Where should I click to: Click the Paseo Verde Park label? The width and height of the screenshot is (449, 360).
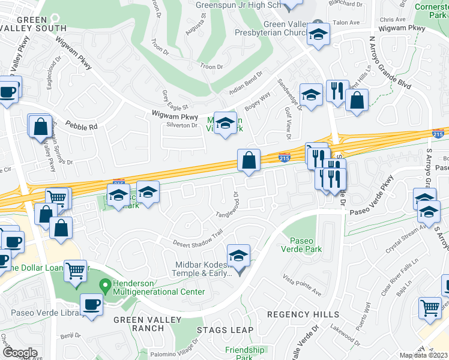click(303, 244)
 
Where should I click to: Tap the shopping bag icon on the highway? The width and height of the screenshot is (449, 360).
click(249, 161)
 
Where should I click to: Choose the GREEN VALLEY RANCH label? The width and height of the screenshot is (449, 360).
click(139, 323)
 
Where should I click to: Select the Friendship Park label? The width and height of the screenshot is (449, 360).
click(244, 353)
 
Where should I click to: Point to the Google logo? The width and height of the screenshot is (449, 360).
click(19, 352)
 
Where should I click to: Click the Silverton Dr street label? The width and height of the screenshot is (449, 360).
click(182, 125)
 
